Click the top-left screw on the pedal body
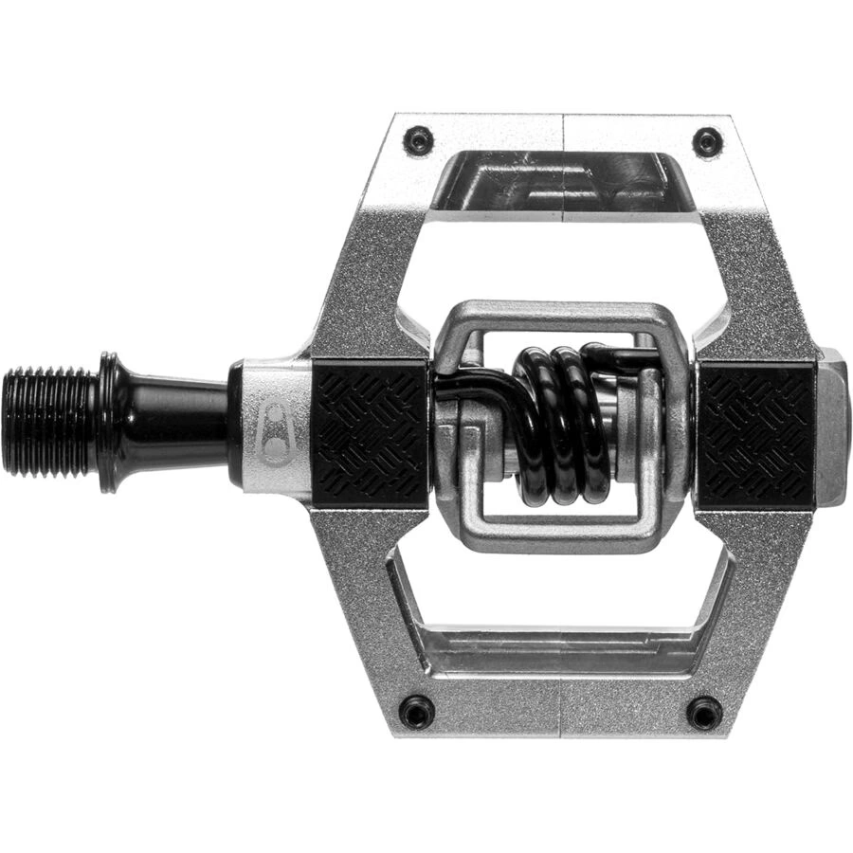(418, 142)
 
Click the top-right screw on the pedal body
(707, 142)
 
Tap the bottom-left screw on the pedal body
(416, 711)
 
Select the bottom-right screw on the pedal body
(705, 712)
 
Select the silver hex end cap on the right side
(831, 426)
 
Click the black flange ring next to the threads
(108, 422)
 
